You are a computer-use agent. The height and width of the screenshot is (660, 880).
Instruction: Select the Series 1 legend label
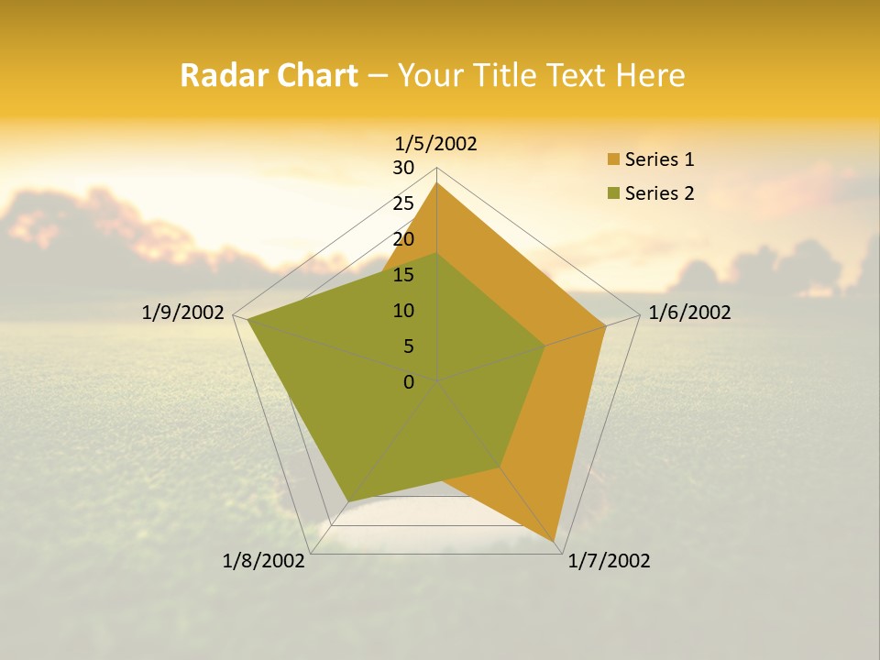pyautogui.click(x=659, y=159)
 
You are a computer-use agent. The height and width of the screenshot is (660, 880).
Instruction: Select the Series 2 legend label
pyautogui.click(x=659, y=193)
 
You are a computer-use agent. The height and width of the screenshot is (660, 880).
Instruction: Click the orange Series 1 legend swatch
pyautogui.click(x=613, y=160)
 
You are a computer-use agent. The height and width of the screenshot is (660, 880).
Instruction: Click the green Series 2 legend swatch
pyautogui.click(x=613, y=193)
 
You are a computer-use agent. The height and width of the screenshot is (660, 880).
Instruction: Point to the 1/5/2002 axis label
pyautogui.click(x=436, y=143)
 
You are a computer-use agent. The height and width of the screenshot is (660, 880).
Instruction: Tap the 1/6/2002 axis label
pyautogui.click(x=689, y=313)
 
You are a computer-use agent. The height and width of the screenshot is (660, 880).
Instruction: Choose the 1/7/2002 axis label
pyautogui.click(x=609, y=561)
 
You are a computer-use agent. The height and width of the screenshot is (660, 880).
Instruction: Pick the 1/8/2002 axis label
pyautogui.click(x=264, y=561)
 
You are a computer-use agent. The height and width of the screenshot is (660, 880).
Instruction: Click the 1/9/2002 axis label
pyautogui.click(x=183, y=313)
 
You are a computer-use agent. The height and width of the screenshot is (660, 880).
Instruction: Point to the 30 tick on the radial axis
pyautogui.click(x=403, y=168)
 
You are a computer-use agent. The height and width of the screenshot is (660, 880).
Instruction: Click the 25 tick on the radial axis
pyautogui.click(x=403, y=203)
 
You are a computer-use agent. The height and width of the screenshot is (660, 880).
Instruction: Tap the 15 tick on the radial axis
pyautogui.click(x=403, y=275)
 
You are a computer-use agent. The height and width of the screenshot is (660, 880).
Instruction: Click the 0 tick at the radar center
pyautogui.click(x=409, y=382)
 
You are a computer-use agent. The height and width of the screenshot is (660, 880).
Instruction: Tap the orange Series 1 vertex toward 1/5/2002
pyautogui.click(x=437, y=183)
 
